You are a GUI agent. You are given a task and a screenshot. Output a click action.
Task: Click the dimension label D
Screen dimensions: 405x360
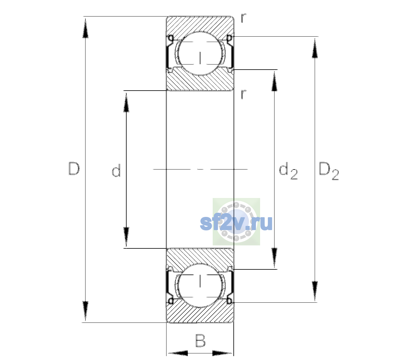(74, 169)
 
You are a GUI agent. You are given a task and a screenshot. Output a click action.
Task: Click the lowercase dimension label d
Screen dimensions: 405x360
(116, 170)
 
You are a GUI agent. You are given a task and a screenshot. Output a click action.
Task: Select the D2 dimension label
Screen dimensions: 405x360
(328, 171)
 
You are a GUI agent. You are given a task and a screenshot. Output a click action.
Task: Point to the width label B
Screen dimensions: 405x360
(200, 340)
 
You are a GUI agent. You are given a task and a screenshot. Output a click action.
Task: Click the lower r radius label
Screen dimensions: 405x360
(244, 94)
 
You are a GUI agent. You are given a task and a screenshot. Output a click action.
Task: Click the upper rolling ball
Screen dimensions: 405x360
(200, 53)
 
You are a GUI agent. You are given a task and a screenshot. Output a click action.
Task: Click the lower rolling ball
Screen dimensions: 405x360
(200, 285)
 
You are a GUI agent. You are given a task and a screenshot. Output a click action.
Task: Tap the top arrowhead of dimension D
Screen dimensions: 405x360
(85, 28)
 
